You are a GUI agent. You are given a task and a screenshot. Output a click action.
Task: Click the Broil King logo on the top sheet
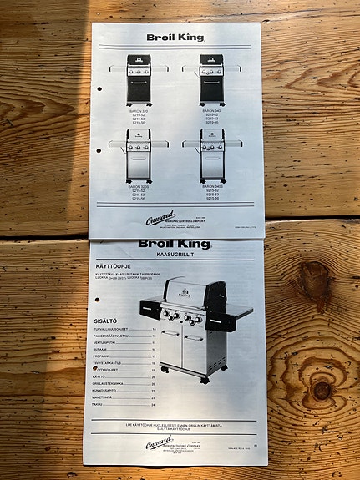tap(175, 37)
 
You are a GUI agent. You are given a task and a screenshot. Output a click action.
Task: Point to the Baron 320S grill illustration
tap(138, 156)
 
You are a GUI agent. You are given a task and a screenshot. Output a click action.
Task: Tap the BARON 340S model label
tap(212, 184)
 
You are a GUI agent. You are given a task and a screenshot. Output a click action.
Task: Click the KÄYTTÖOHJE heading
tap(117, 267)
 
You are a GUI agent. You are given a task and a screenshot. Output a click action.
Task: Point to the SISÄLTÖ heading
tap(106, 321)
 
